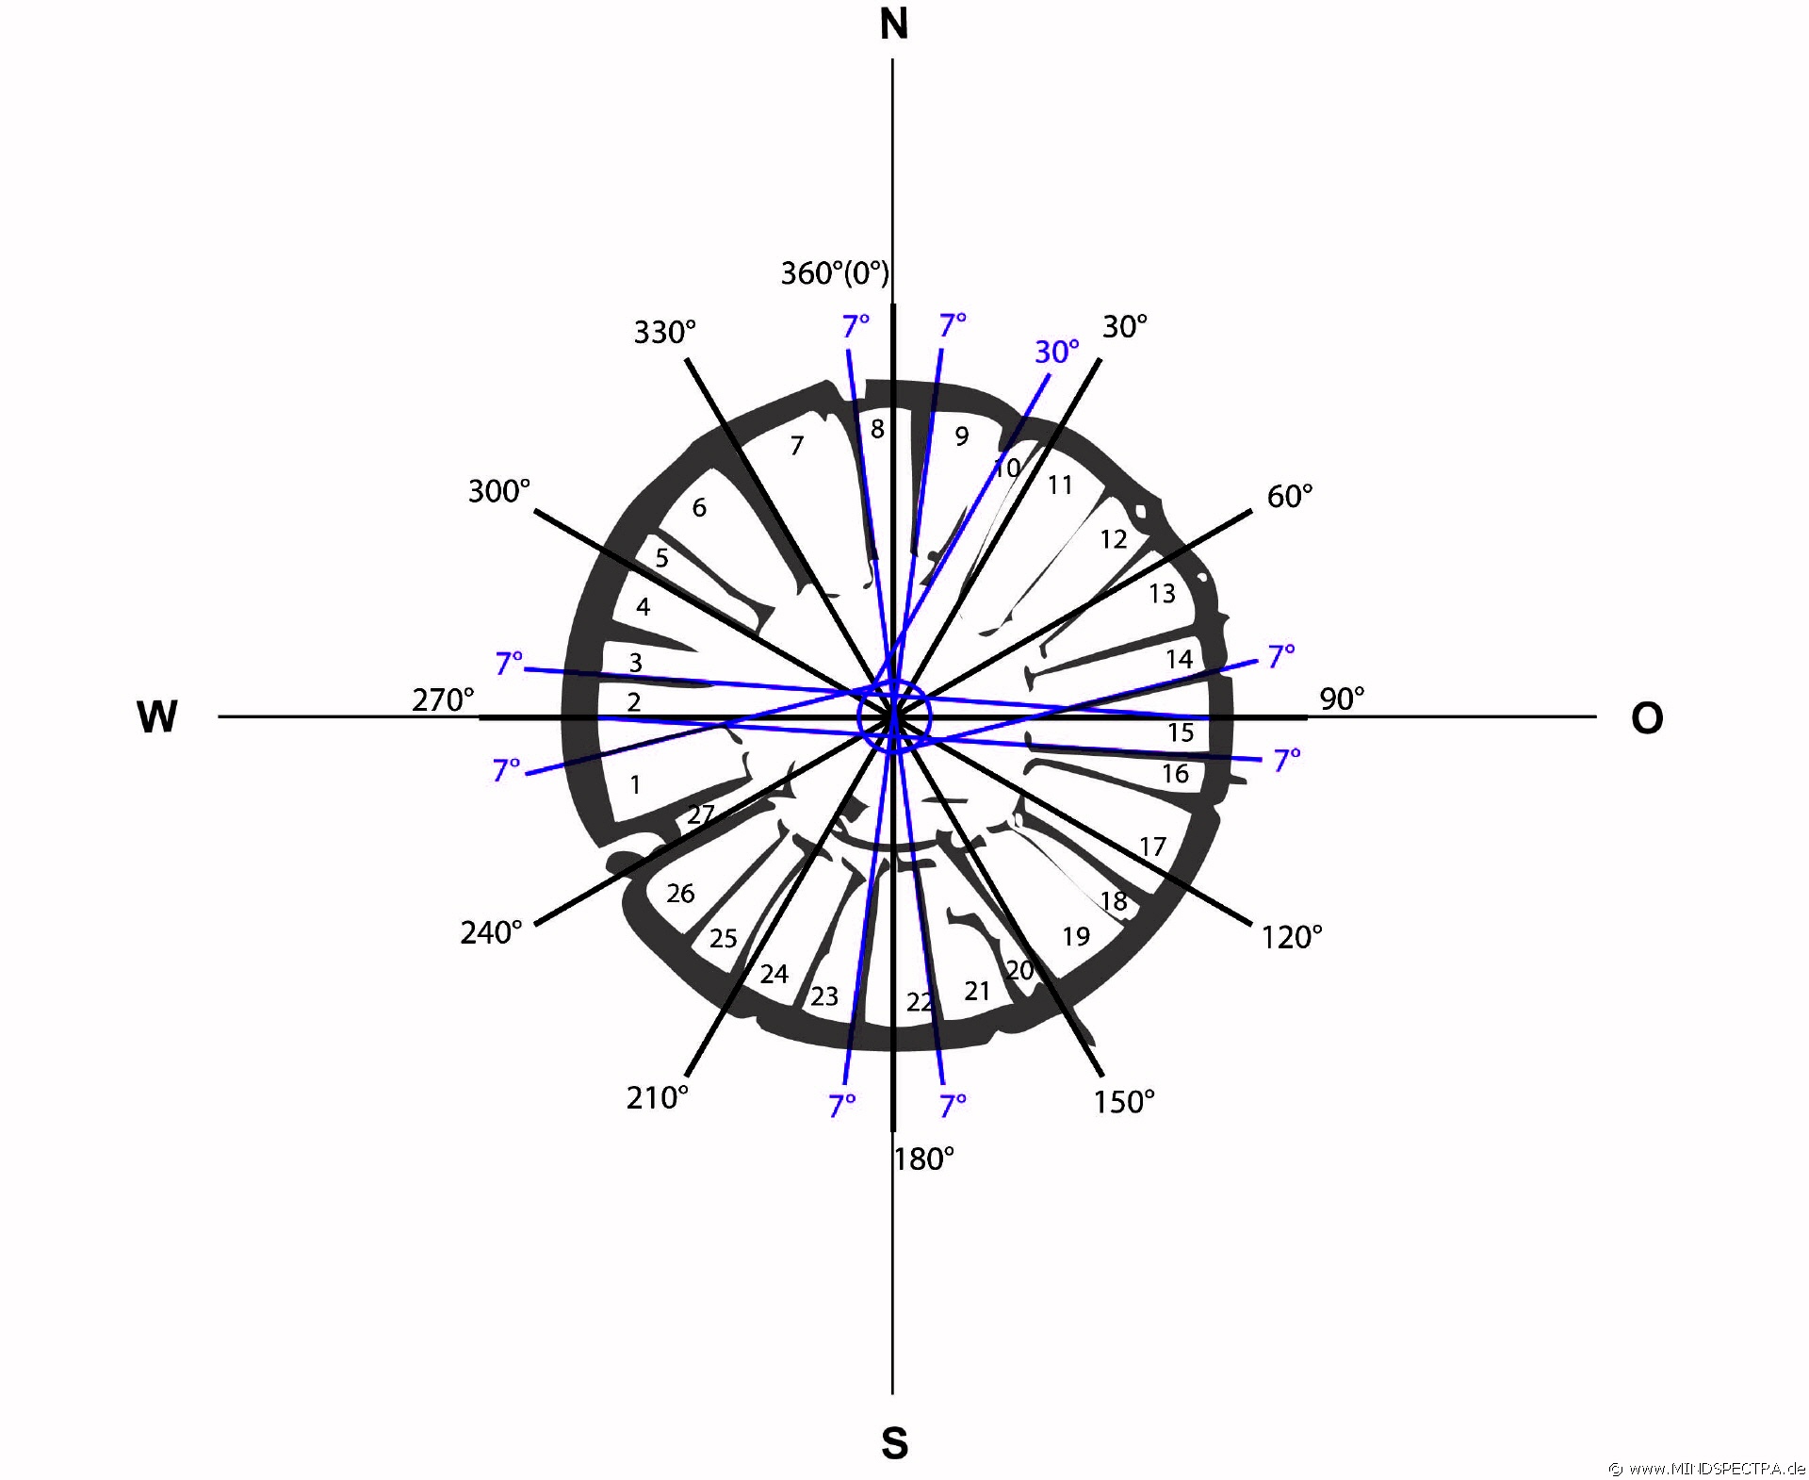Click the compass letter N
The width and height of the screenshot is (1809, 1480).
click(x=893, y=25)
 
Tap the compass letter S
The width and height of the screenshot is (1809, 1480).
click(x=894, y=1443)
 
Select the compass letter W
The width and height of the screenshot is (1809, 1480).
click(x=157, y=717)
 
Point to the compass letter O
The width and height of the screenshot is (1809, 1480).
click(x=1647, y=719)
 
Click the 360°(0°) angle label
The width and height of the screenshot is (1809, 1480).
click(x=835, y=273)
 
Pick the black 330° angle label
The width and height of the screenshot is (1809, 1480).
click(x=664, y=332)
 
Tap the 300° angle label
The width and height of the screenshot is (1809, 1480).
click(x=499, y=491)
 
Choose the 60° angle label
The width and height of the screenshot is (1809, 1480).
click(x=1290, y=496)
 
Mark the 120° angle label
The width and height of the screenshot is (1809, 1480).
click(x=1292, y=937)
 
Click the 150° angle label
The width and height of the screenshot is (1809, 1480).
click(x=1124, y=1102)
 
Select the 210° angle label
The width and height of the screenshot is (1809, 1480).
click(x=658, y=1098)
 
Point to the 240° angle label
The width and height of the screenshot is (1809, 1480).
click(x=491, y=932)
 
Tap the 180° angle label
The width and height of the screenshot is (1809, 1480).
click(x=924, y=1159)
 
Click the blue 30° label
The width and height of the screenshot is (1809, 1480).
click(x=1057, y=352)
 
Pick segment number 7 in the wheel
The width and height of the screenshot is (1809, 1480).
click(x=797, y=445)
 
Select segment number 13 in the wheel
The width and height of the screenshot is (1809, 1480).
click(x=1162, y=594)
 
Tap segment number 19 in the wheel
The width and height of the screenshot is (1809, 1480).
click(x=1076, y=936)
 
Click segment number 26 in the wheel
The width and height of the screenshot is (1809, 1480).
click(x=680, y=894)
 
